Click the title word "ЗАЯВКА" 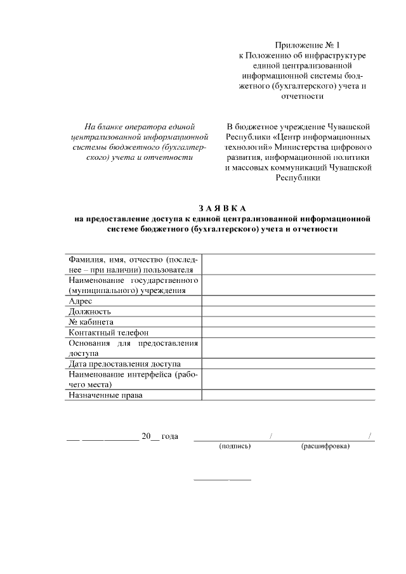[x=221, y=208]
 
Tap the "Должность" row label [x=90, y=311]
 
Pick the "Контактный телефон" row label [x=108, y=332]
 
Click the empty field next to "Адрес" [x=288, y=301]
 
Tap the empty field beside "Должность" [x=288, y=311]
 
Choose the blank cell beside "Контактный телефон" [x=288, y=332]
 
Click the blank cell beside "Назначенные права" [x=288, y=395]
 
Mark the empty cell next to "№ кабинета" [x=288, y=322]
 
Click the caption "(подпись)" [x=235, y=446]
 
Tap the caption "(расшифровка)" [x=325, y=446]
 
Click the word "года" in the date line [x=169, y=436]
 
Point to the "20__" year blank [x=150, y=436]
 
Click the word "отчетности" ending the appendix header [x=302, y=96]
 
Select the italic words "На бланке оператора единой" [x=140, y=126]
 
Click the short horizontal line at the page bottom [x=222, y=478]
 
